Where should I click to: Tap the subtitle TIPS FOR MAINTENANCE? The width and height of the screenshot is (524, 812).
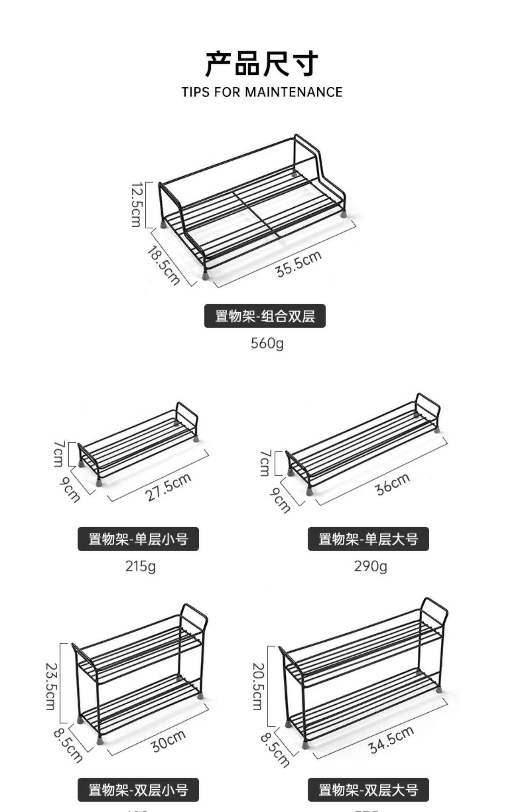[262, 92]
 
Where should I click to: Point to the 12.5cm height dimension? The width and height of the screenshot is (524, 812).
[136, 205]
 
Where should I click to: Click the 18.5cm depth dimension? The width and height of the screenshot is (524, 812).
[163, 265]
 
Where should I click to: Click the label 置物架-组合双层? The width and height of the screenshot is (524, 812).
[265, 316]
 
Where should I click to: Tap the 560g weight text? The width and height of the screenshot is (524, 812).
[267, 343]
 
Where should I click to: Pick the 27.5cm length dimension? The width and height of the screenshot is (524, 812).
[168, 487]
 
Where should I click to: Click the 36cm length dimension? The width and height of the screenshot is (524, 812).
[393, 484]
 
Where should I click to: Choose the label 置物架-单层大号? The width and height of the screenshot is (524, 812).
[368, 539]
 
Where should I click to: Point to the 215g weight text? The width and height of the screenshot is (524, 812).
[140, 566]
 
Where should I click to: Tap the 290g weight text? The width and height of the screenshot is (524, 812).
[371, 566]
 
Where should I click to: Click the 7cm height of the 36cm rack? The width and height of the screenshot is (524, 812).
[265, 463]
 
